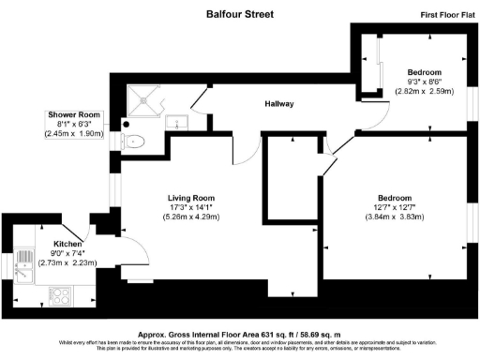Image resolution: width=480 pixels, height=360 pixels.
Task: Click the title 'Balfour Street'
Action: tap(240, 14)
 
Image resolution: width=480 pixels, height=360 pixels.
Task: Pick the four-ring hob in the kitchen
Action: tap(59, 298)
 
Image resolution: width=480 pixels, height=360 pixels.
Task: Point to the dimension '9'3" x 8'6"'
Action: tap(423, 82)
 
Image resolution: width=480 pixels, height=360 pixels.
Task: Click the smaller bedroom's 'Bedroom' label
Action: tap(424, 72)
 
